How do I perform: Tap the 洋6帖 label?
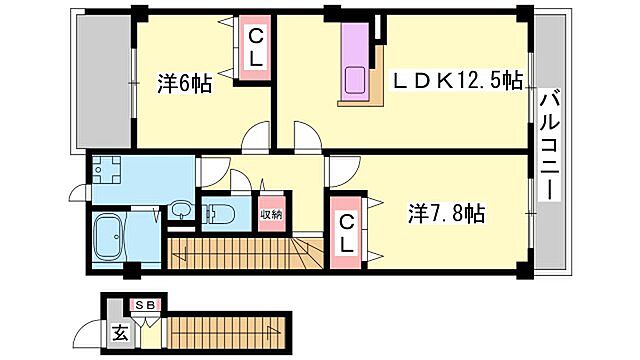tap(184, 85)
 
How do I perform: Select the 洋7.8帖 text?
tap(447, 213)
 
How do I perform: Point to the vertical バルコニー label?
tap(550, 144)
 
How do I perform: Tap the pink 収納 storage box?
tap(272, 212)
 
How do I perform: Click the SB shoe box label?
tap(144, 305)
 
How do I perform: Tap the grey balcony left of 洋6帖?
tap(103, 85)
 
